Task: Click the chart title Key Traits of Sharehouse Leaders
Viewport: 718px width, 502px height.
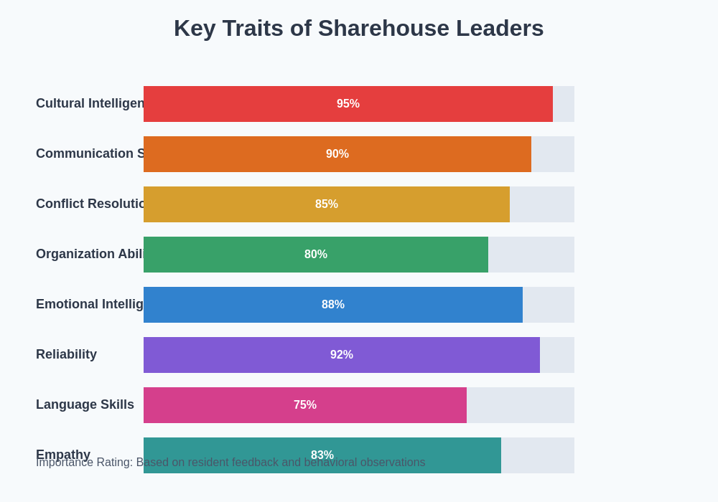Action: click(358, 28)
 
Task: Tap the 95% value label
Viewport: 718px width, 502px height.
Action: click(348, 104)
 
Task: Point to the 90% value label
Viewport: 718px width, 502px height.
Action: click(337, 154)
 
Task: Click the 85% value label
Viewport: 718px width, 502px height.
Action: click(327, 204)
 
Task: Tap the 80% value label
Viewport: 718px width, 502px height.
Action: click(316, 255)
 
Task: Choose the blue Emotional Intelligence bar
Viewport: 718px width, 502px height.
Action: click(230, 305)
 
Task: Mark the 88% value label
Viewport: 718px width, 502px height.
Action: click(333, 305)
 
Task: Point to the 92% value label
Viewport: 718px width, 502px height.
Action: click(342, 355)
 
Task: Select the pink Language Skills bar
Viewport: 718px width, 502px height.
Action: click(215, 405)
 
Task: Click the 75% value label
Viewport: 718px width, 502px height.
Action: click(305, 405)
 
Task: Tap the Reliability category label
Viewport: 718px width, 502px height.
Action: click(66, 354)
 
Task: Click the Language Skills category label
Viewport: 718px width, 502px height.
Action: click(85, 404)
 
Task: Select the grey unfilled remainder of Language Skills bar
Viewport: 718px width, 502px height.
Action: click(521, 405)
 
